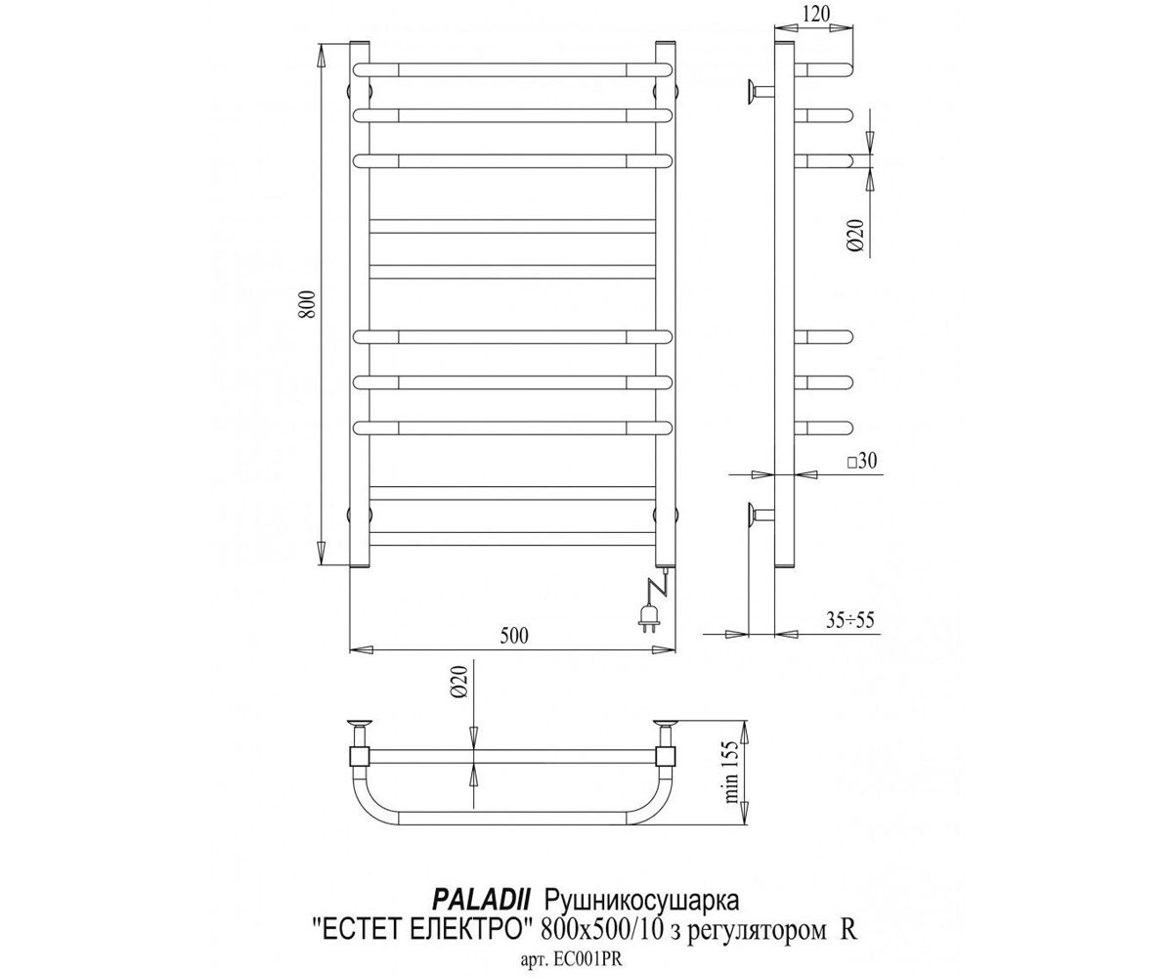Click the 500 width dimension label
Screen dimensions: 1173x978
(x=513, y=635)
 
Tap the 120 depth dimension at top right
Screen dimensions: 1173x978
(x=815, y=14)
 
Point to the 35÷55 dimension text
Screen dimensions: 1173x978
(x=850, y=619)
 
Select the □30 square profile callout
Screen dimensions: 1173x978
(x=862, y=461)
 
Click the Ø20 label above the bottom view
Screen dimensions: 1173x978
(x=458, y=682)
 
